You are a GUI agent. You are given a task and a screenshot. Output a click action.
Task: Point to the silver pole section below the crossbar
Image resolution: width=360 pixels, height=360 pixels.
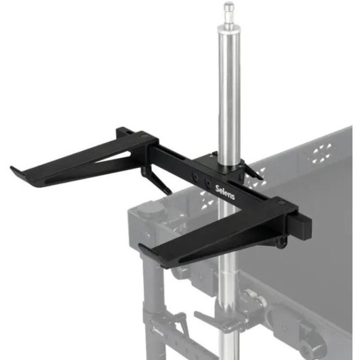228,298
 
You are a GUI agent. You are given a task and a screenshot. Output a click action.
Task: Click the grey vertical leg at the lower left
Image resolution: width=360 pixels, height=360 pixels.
153,298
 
